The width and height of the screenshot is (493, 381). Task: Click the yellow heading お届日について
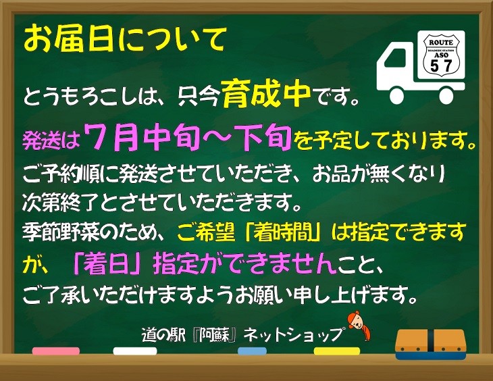click(x=125, y=39)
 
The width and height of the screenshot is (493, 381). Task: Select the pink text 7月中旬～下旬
click(x=188, y=137)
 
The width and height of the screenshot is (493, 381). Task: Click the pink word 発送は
click(x=51, y=140)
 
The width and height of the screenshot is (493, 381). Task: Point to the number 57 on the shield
click(x=442, y=66)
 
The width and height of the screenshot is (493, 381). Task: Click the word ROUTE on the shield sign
click(x=442, y=42)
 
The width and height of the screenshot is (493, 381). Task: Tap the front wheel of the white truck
click(x=397, y=96)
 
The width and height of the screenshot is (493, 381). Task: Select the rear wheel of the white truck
click(x=446, y=96)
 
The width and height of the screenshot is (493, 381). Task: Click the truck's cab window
click(x=394, y=59)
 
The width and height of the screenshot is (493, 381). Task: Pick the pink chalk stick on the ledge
click(x=55, y=351)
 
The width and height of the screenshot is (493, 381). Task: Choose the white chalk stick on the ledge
click(x=135, y=351)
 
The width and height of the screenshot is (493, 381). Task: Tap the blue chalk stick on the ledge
click(x=252, y=351)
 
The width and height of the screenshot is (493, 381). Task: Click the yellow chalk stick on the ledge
click(x=337, y=351)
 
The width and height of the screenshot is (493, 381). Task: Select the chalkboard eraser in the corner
click(x=430, y=345)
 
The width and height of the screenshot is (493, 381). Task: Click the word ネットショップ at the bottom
click(x=293, y=335)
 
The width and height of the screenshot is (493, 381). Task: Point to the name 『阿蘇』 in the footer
click(x=216, y=335)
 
